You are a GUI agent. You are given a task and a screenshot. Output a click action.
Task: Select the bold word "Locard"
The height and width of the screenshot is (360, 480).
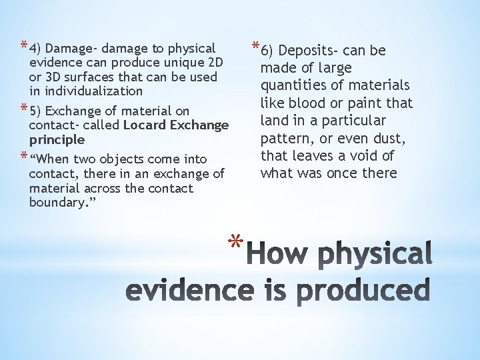pyautogui.click(x=145, y=125)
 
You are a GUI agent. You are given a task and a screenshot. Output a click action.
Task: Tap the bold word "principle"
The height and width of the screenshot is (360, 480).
pyautogui.click(x=57, y=140)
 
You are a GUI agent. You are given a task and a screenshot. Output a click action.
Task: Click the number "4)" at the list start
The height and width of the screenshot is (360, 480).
pyautogui.click(x=35, y=48)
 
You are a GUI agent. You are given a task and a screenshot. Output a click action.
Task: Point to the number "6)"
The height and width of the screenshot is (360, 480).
pyautogui.click(x=268, y=51)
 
